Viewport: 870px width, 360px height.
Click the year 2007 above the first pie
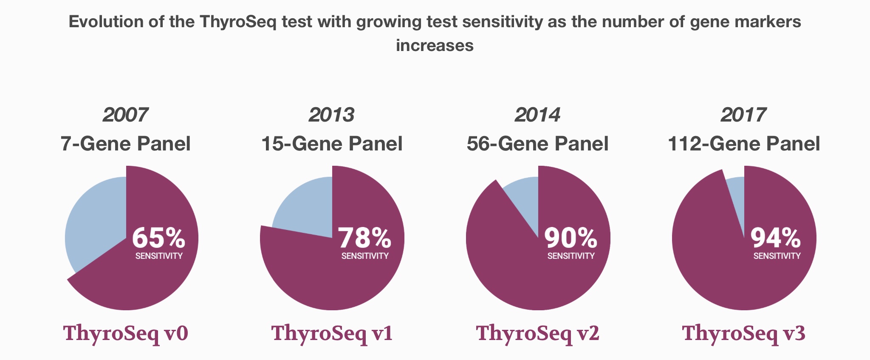pyautogui.click(x=125, y=115)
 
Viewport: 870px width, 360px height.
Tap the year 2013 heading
pyautogui.click(x=331, y=115)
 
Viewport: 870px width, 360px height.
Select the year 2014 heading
pyautogui.click(x=537, y=115)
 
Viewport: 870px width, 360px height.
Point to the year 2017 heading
pyautogui.click(x=743, y=115)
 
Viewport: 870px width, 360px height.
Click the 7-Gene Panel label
pyautogui.click(x=125, y=144)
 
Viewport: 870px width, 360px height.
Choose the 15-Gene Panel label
pyautogui.click(x=332, y=144)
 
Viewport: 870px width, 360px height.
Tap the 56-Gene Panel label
pyautogui.click(x=537, y=144)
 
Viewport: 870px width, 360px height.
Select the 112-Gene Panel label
pyautogui.click(x=744, y=144)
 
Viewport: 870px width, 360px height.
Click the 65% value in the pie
pyautogui.click(x=158, y=238)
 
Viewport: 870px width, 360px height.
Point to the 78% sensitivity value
pyautogui.click(x=364, y=238)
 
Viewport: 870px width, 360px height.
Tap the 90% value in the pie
pyautogui.click(x=571, y=238)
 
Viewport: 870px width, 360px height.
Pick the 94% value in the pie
pyautogui.click(x=776, y=238)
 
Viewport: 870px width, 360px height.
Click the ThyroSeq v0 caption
pyautogui.click(x=126, y=334)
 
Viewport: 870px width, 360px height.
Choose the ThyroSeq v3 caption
pyautogui.click(x=743, y=334)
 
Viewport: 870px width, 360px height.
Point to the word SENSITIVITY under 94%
pyautogui.click(x=777, y=256)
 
